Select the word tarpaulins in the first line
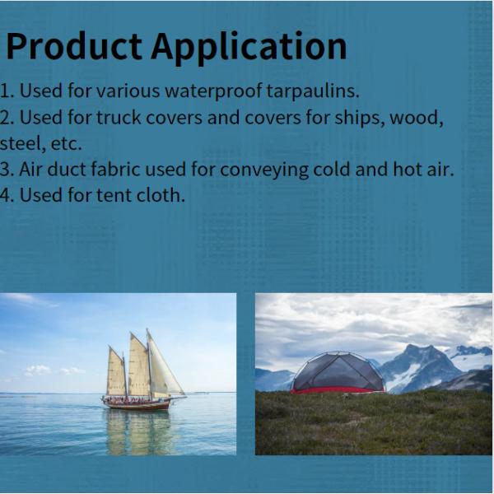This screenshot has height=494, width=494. (314, 91)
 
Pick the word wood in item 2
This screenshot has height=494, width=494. (415, 117)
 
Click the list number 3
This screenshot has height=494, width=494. (6, 170)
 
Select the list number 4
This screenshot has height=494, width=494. (6, 196)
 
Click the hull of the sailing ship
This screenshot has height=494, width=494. (136, 403)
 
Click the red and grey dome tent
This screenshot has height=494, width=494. (338, 375)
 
